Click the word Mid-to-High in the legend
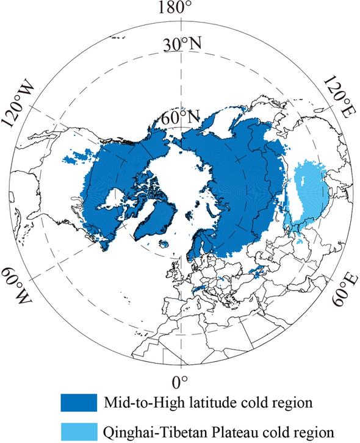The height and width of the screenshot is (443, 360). coord(139,403)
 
